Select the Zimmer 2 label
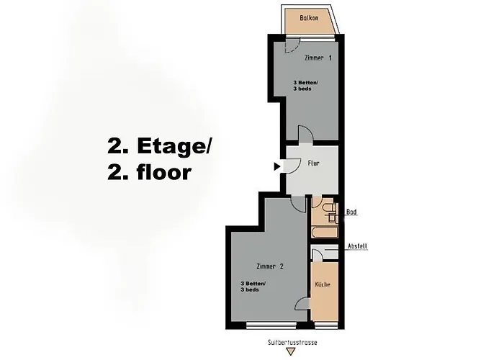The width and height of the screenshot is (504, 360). pyautogui.click(x=270, y=266)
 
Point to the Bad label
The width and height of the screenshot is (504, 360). pyautogui.click(x=351, y=212)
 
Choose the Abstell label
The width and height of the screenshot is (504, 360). pyautogui.click(x=356, y=246)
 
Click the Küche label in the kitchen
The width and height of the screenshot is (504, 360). pyautogui.click(x=323, y=285)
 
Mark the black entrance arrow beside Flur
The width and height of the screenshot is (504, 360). pyautogui.click(x=277, y=167)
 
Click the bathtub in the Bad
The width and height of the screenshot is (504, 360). pyautogui.click(x=323, y=233)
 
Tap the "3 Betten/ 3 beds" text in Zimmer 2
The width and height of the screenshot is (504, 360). pyautogui.click(x=253, y=286)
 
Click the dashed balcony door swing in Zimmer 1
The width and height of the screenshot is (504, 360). pyautogui.click(x=291, y=46)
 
